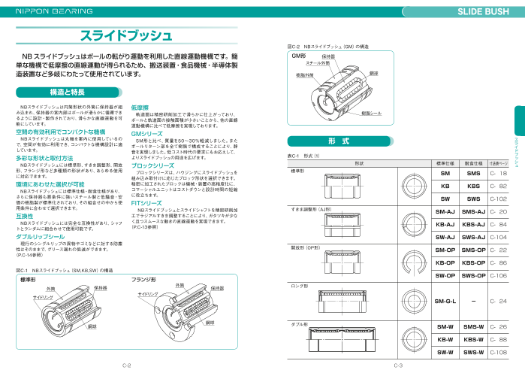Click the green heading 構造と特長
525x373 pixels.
click(x=67, y=92)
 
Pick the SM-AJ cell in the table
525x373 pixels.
click(x=445, y=212)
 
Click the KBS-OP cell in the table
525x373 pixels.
click(x=473, y=262)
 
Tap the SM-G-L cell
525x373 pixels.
click(x=445, y=301)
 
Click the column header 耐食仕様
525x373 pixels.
click(x=473, y=162)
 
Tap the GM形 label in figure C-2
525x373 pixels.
click(x=299, y=56)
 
